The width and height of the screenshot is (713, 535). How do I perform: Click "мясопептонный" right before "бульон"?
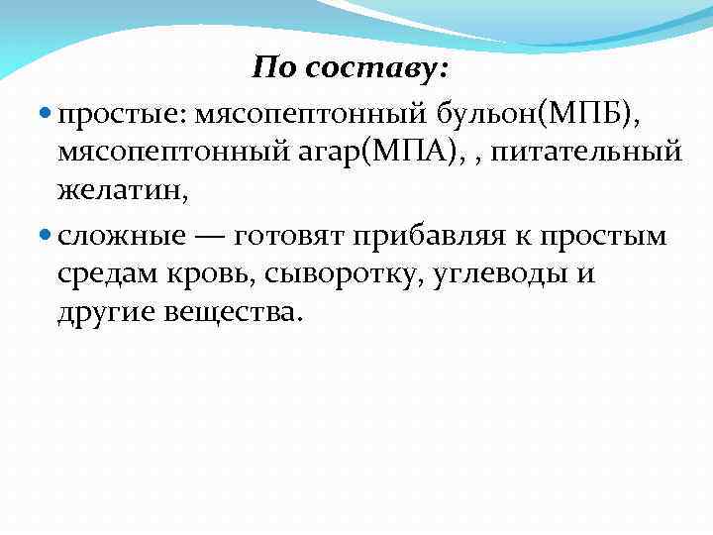pyautogui.click(x=310, y=119)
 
